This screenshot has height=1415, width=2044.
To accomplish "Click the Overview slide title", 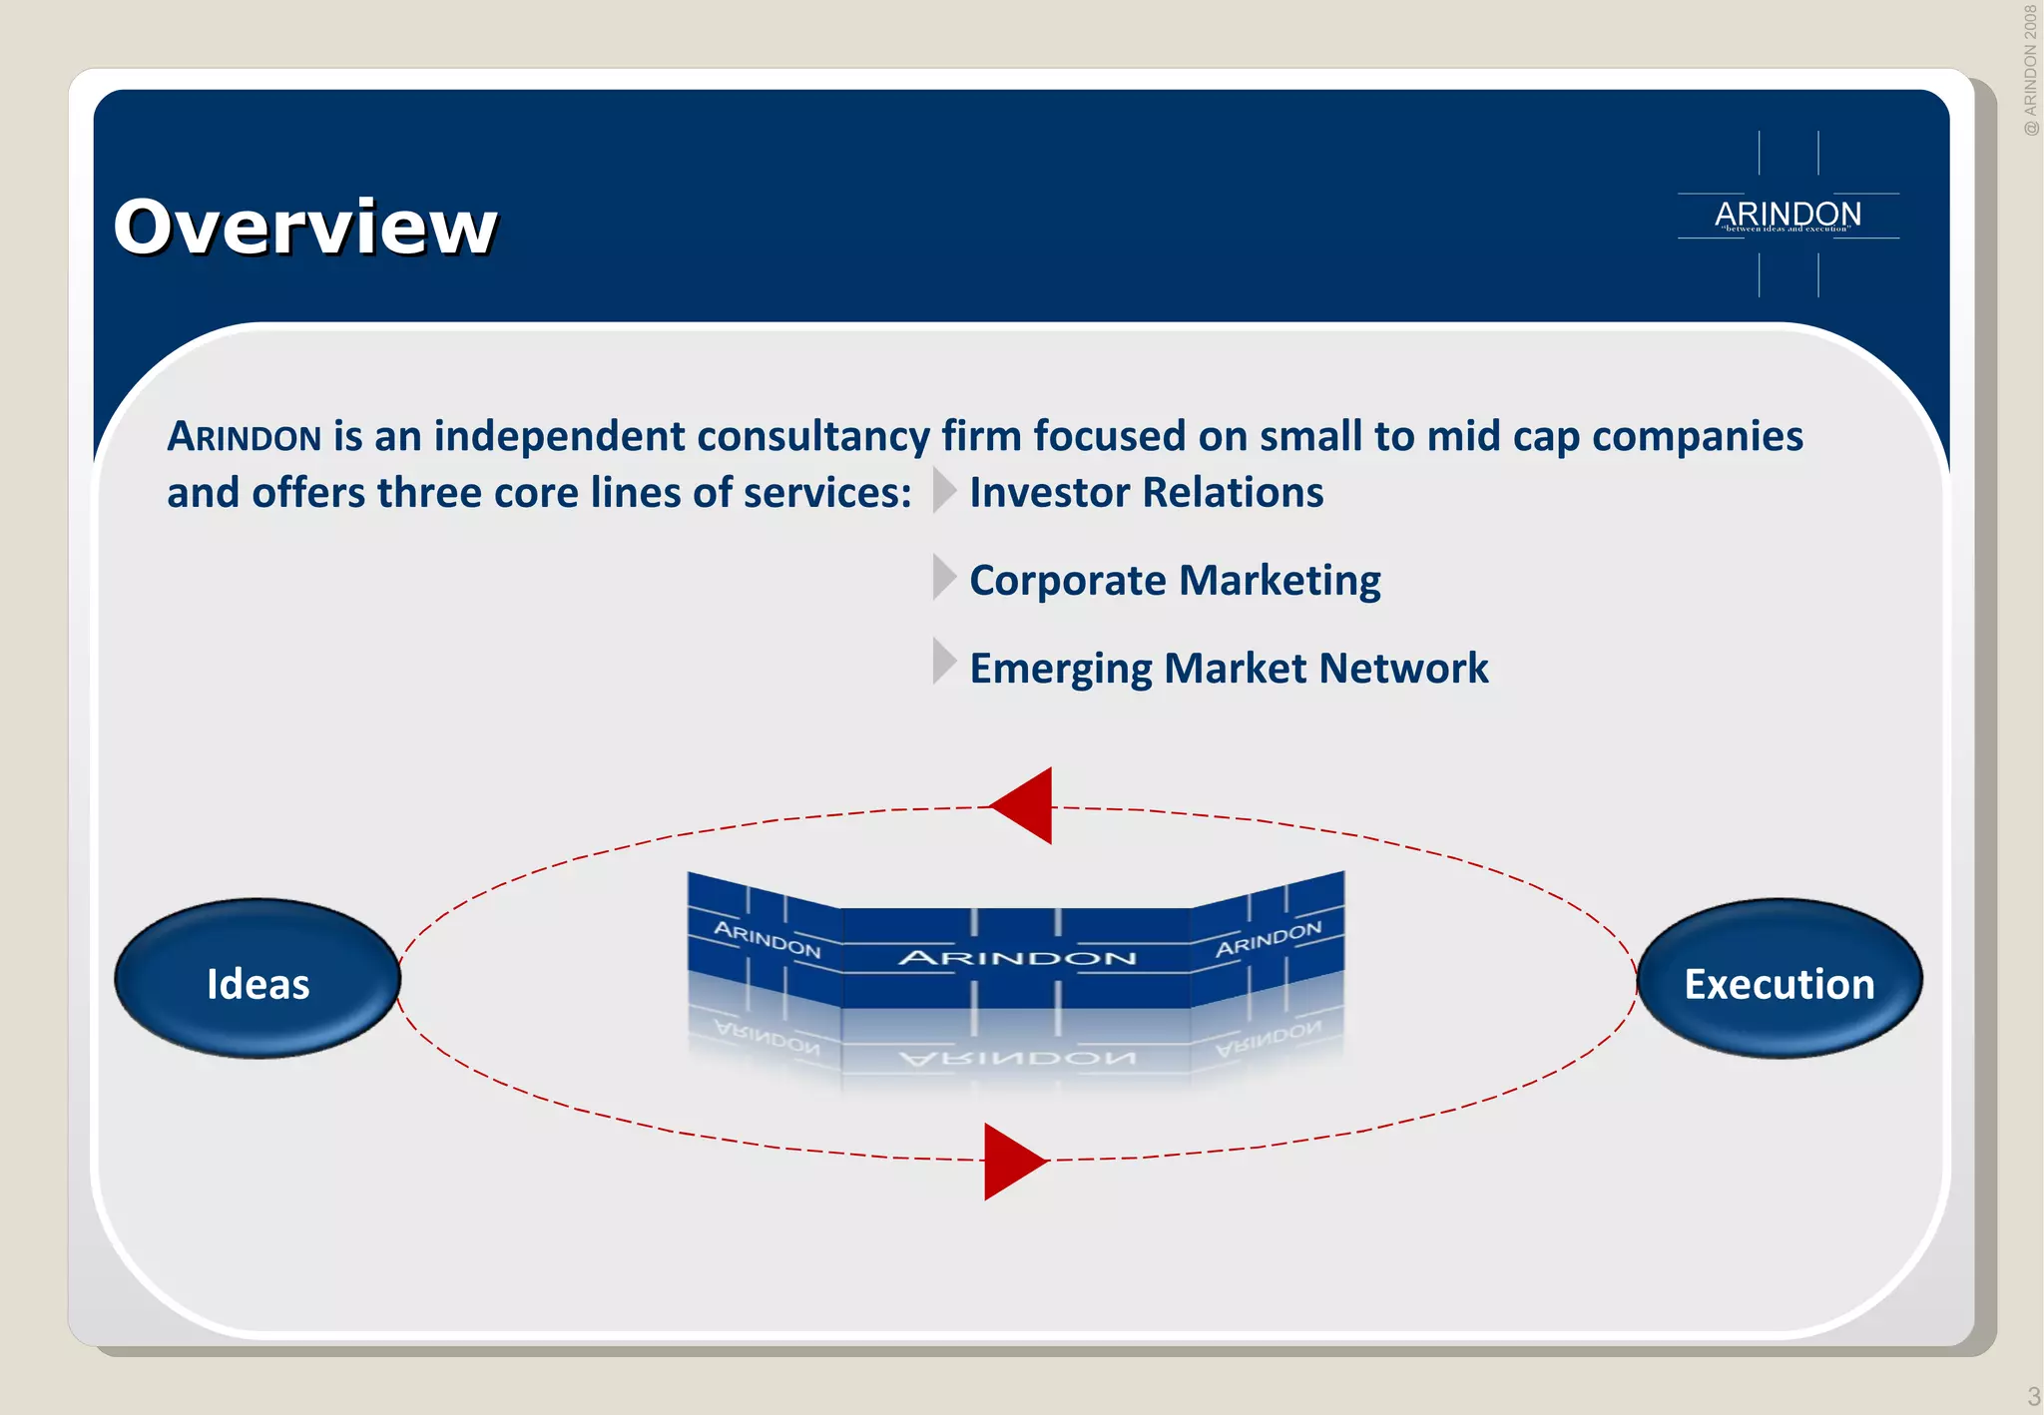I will coord(304,227).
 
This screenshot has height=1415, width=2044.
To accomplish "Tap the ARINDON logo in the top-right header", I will coord(1788,215).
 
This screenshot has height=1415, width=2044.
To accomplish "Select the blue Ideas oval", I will coord(257,979).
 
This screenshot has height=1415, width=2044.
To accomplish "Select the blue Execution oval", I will coord(1780,979).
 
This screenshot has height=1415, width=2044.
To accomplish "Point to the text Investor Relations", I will coord(1146,493).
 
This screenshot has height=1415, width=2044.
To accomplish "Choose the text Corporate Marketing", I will coord(1175,581).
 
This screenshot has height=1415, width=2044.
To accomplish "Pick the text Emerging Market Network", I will coord(1229,669).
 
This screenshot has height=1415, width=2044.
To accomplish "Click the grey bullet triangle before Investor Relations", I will coord(943,490).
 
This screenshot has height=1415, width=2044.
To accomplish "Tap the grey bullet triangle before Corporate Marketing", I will coord(943,577).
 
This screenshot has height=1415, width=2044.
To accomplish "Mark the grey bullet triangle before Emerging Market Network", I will coord(943,661).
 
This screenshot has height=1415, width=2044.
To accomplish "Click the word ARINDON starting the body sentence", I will coord(244,437).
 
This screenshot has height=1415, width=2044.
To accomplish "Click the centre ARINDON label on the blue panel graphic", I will coord(1016,958).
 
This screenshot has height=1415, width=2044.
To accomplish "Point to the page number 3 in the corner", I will coord(2033,1396).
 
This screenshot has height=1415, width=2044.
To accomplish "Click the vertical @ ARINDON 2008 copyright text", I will coord(2030,70).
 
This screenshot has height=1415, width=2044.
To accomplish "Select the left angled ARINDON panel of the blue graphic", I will coord(766,938).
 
